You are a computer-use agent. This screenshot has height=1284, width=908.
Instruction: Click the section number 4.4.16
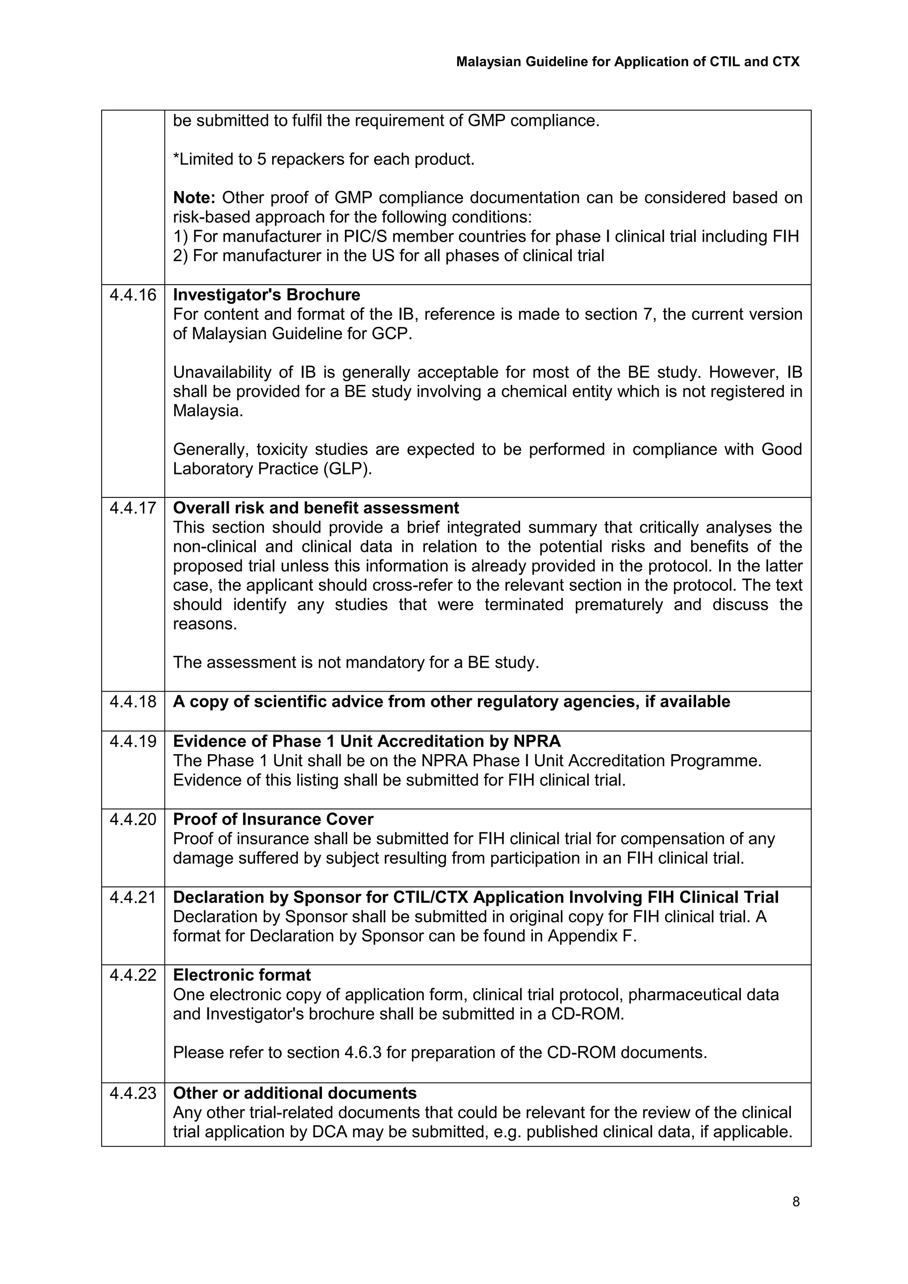coord(133,295)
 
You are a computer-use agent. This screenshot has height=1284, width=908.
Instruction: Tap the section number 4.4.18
coord(133,701)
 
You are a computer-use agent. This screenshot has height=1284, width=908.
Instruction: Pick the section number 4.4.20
coord(133,819)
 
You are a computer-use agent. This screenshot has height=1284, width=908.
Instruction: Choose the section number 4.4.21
coord(133,897)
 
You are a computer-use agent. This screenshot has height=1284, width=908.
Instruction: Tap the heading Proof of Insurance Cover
coord(273,819)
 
